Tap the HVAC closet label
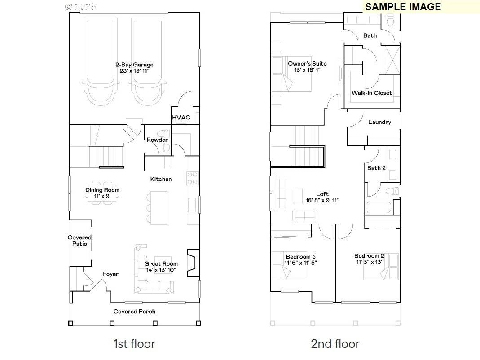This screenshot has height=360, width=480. point(181,118)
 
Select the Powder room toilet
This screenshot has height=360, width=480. point(165,134)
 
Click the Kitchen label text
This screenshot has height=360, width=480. point(161,179)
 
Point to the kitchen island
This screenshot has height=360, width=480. point(159,208)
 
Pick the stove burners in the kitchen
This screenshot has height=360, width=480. point(193,178)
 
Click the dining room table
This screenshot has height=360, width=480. point(102,190)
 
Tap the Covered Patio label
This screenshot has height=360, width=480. point(79,241)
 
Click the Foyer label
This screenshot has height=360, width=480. point(110,274)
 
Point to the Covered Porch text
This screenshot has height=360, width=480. point(134,311)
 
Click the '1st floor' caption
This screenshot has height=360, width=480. point(134,344)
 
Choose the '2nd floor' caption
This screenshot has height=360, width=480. point(335,344)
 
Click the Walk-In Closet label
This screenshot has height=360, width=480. point(371,93)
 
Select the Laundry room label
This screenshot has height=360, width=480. point(379,122)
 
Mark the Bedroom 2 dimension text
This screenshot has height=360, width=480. point(369,262)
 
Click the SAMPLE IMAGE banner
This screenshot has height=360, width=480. point(403,7)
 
